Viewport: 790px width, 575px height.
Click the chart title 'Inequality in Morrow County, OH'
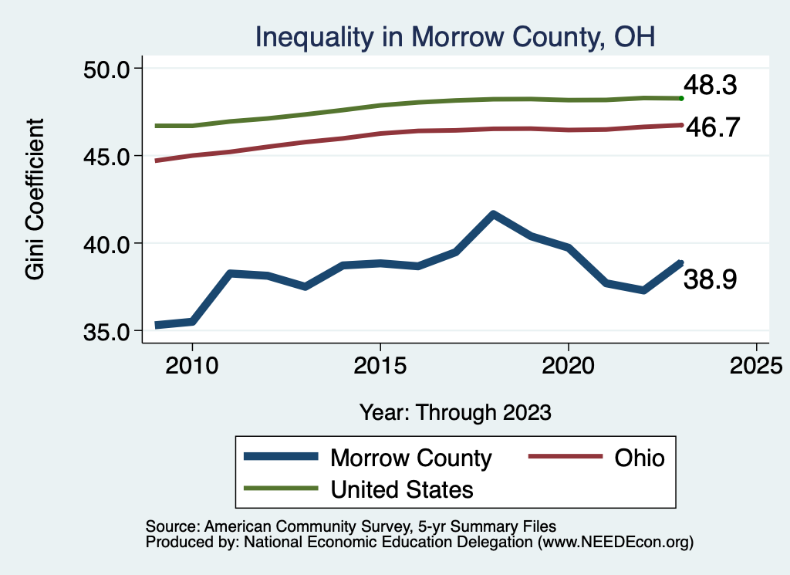click(x=454, y=36)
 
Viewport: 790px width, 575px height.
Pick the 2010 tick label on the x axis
click(x=192, y=365)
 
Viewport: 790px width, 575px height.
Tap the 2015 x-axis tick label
click(x=380, y=365)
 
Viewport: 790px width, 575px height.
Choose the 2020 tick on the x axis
click(x=569, y=365)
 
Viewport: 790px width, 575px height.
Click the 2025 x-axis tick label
click(x=757, y=365)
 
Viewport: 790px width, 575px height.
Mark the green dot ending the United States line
click(x=681, y=98)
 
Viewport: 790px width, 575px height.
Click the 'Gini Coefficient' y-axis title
click(x=35, y=199)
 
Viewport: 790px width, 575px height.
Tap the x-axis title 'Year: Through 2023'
click(x=455, y=412)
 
